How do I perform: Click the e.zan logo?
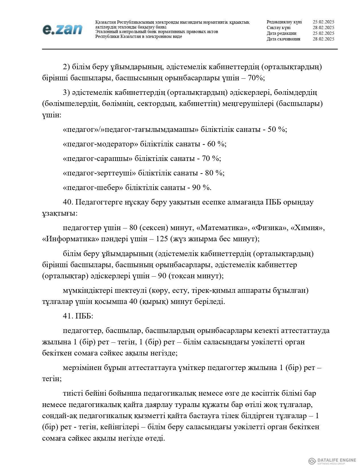point(62,29)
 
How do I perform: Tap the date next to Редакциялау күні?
point(323,22)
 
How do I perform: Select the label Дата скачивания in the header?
point(283,39)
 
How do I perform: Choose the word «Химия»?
point(309,228)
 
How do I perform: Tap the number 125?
point(163,239)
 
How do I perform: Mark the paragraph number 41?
point(68,316)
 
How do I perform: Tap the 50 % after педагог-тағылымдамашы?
point(277,130)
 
